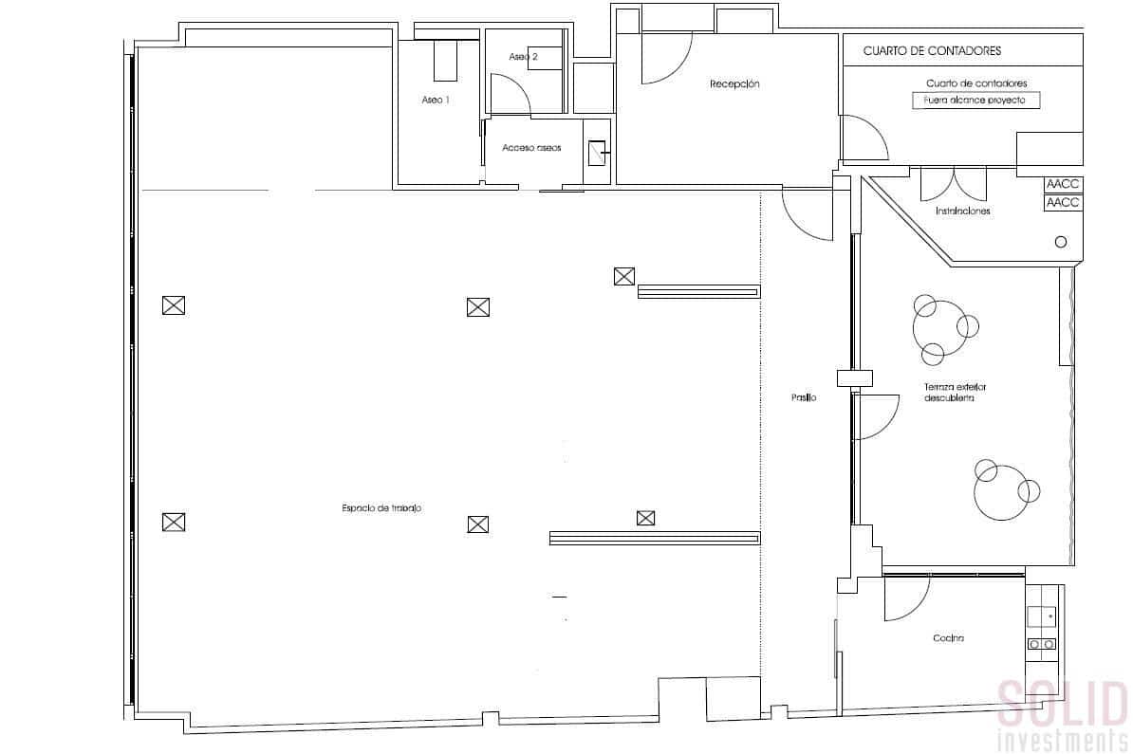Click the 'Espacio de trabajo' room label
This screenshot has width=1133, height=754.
[x=381, y=508]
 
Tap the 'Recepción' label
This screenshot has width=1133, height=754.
[x=734, y=84]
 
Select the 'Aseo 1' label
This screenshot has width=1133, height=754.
[x=436, y=100]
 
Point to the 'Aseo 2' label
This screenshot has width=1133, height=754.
[x=523, y=57]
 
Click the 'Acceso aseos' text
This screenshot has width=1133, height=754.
[x=531, y=148]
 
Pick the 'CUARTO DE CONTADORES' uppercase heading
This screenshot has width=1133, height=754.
[x=932, y=50]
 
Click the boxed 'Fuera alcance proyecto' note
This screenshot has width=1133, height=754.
[x=975, y=100]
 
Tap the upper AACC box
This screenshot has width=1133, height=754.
[x=1063, y=185]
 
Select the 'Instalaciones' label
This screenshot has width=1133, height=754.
[x=962, y=211]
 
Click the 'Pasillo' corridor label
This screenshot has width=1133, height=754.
[x=804, y=397]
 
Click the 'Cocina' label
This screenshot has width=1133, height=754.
[x=948, y=638]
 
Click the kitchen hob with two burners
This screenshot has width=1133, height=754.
[x=1042, y=644]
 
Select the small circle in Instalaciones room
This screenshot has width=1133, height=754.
[x=1061, y=242]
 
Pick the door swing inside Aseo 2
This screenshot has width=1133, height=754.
[x=511, y=95]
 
